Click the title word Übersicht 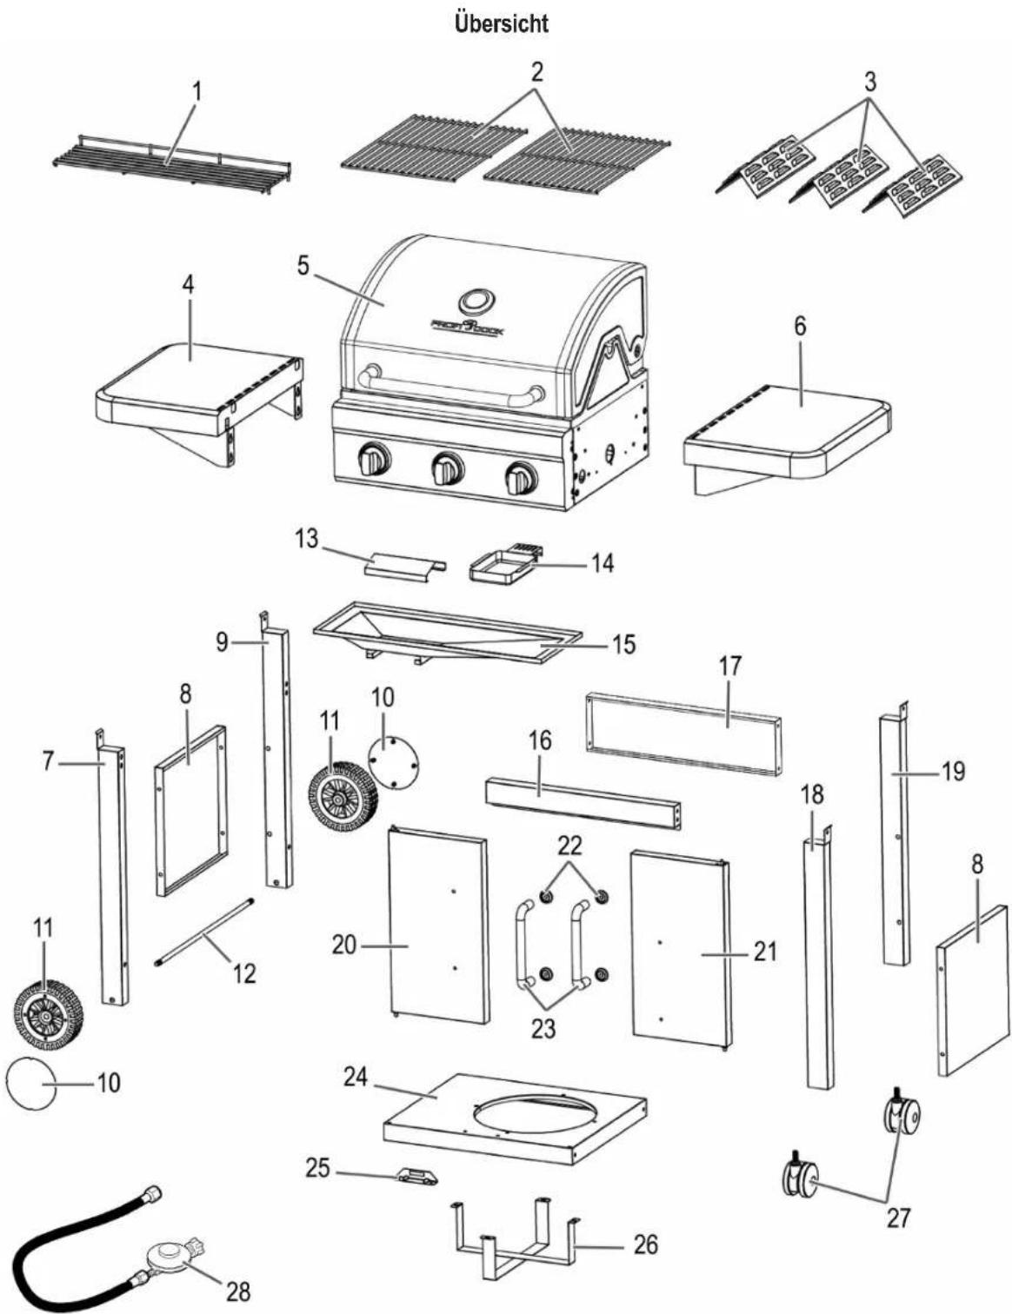pos(502,23)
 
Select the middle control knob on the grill pos(447,468)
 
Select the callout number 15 pos(623,645)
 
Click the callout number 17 pos(729,666)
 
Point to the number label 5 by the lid pos(303,265)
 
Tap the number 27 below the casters pos(897,1218)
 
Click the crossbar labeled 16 pos(583,806)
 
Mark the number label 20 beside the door pos(344,945)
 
